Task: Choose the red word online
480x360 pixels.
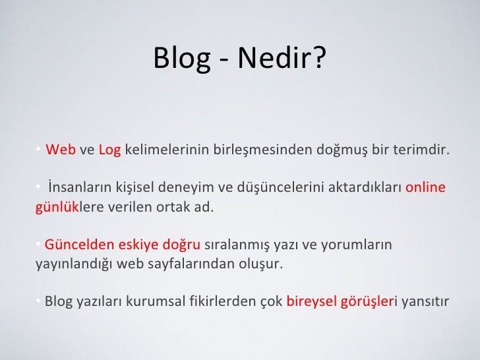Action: click(425, 188)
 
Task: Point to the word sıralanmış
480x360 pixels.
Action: click(233, 245)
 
